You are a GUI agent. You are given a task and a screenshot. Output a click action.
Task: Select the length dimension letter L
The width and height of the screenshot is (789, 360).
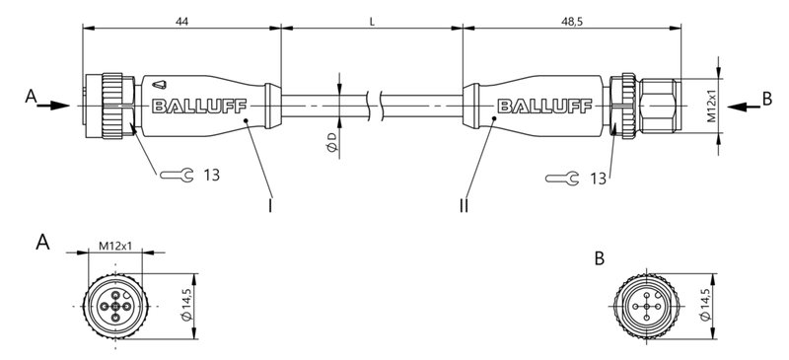[x=371, y=20]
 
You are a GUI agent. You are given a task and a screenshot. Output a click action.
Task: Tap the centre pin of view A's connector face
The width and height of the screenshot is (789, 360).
[x=116, y=306]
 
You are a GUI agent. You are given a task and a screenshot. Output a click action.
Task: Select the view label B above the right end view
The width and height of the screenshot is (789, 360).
[x=601, y=257]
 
